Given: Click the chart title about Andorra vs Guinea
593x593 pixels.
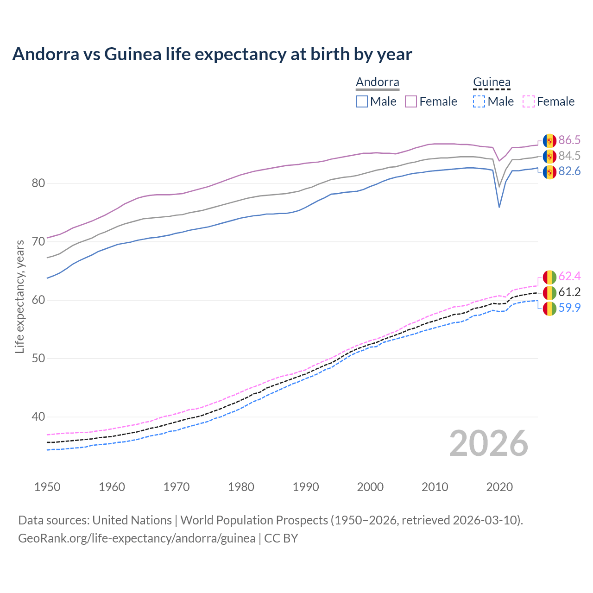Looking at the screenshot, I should click(x=212, y=54).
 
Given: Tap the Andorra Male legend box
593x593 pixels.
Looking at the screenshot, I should click(x=362, y=101).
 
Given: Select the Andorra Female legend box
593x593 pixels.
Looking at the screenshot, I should click(x=411, y=101).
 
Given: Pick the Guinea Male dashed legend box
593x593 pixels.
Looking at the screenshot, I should click(x=479, y=101).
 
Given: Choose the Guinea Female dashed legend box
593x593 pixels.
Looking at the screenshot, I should click(x=529, y=101).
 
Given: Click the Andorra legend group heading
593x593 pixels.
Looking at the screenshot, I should click(x=377, y=82).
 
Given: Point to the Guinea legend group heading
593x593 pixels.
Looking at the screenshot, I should click(x=492, y=82).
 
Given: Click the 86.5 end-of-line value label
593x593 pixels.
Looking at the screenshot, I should click(x=569, y=140).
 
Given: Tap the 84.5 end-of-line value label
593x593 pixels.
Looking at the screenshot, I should click(x=569, y=156).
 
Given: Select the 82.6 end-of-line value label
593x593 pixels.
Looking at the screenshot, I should click(x=569, y=171).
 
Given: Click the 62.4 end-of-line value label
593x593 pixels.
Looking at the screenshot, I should click(x=569, y=277).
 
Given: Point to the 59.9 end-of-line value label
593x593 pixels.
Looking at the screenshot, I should click(x=569, y=308).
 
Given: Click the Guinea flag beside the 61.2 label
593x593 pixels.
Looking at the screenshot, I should click(x=549, y=292).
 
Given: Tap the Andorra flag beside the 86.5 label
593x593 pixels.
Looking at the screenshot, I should click(x=549, y=140).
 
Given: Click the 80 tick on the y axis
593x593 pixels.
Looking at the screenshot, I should click(x=38, y=183).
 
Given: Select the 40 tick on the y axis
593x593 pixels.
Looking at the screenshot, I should click(x=38, y=417).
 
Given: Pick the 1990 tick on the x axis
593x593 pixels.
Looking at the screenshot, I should click(x=306, y=487).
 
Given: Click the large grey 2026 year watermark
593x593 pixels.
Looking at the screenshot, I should click(x=489, y=443).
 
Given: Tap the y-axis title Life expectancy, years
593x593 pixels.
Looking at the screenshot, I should click(x=20, y=296).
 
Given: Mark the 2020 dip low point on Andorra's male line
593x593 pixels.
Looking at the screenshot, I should click(x=499, y=207).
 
